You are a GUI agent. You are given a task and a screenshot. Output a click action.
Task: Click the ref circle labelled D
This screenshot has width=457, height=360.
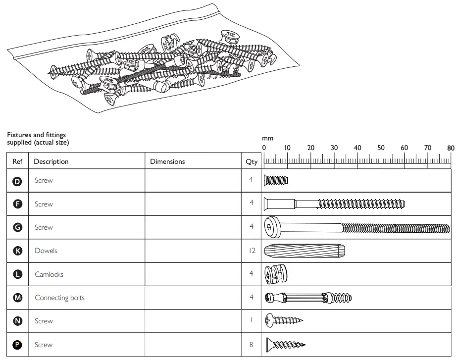(17, 181)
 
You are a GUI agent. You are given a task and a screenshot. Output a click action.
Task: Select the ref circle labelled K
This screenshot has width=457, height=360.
(17, 251)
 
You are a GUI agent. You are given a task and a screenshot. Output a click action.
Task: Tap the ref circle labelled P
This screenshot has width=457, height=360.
(17, 345)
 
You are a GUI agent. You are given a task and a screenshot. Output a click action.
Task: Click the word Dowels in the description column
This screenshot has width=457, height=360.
(46, 251)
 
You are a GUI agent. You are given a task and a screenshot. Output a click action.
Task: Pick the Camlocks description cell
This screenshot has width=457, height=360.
(49, 274)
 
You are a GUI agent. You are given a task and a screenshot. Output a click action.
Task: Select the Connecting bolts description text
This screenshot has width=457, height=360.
(59, 298)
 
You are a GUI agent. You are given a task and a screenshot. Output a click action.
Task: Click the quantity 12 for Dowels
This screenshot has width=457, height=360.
(252, 251)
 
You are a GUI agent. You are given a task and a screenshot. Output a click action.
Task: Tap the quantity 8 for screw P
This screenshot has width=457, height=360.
(252, 345)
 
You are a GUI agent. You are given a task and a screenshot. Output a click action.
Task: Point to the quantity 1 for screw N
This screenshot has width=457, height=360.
(252, 321)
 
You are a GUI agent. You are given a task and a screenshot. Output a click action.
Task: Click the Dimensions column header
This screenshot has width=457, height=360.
(167, 161)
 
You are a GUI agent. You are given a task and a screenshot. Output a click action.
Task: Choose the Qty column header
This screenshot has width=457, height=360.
(252, 162)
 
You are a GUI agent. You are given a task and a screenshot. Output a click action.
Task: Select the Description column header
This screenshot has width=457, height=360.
(51, 161)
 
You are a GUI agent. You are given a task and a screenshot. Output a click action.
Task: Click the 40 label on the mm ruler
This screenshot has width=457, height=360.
(357, 148)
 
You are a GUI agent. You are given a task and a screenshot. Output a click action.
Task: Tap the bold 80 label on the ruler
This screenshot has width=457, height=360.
(451, 148)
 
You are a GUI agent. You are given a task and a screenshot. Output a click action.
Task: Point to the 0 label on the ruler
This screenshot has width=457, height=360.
(264, 148)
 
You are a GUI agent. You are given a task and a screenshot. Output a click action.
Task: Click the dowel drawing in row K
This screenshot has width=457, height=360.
(304, 251)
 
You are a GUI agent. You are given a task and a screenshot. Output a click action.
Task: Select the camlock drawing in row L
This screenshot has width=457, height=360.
(276, 274)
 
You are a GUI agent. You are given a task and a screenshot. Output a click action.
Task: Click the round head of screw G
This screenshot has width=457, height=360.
(270, 227)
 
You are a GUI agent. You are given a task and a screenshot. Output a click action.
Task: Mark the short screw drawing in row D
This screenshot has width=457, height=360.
(275, 181)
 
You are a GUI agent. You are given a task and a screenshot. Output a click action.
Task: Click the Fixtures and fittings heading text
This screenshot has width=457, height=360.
(36, 135)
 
